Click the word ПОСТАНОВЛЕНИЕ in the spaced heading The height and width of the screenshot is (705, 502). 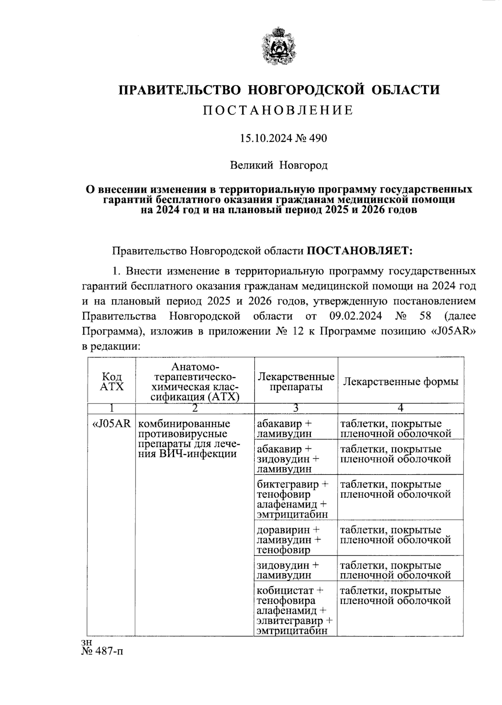(278, 110)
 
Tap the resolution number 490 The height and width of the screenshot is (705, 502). (318, 138)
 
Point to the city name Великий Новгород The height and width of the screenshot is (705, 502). (279, 166)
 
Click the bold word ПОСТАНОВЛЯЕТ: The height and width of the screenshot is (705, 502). (360, 251)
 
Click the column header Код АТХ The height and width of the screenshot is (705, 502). (112, 382)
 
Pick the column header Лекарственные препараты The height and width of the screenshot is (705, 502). (296, 382)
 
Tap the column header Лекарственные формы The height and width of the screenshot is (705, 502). (400, 381)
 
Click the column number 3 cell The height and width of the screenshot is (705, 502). (296, 408)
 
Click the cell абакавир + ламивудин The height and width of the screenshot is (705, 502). (284, 429)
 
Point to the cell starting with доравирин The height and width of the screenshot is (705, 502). (289, 540)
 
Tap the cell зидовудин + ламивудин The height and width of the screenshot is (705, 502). (288, 570)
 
